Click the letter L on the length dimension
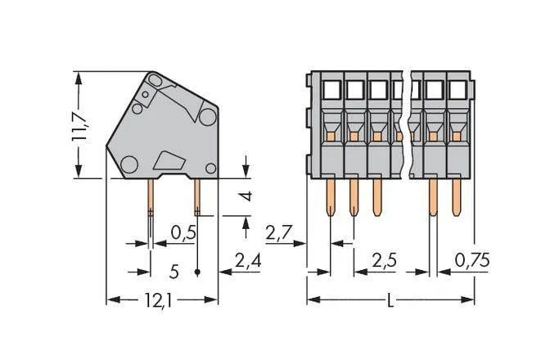pos(390,301)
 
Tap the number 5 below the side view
pos(174,270)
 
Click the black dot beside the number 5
pos(198,270)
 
